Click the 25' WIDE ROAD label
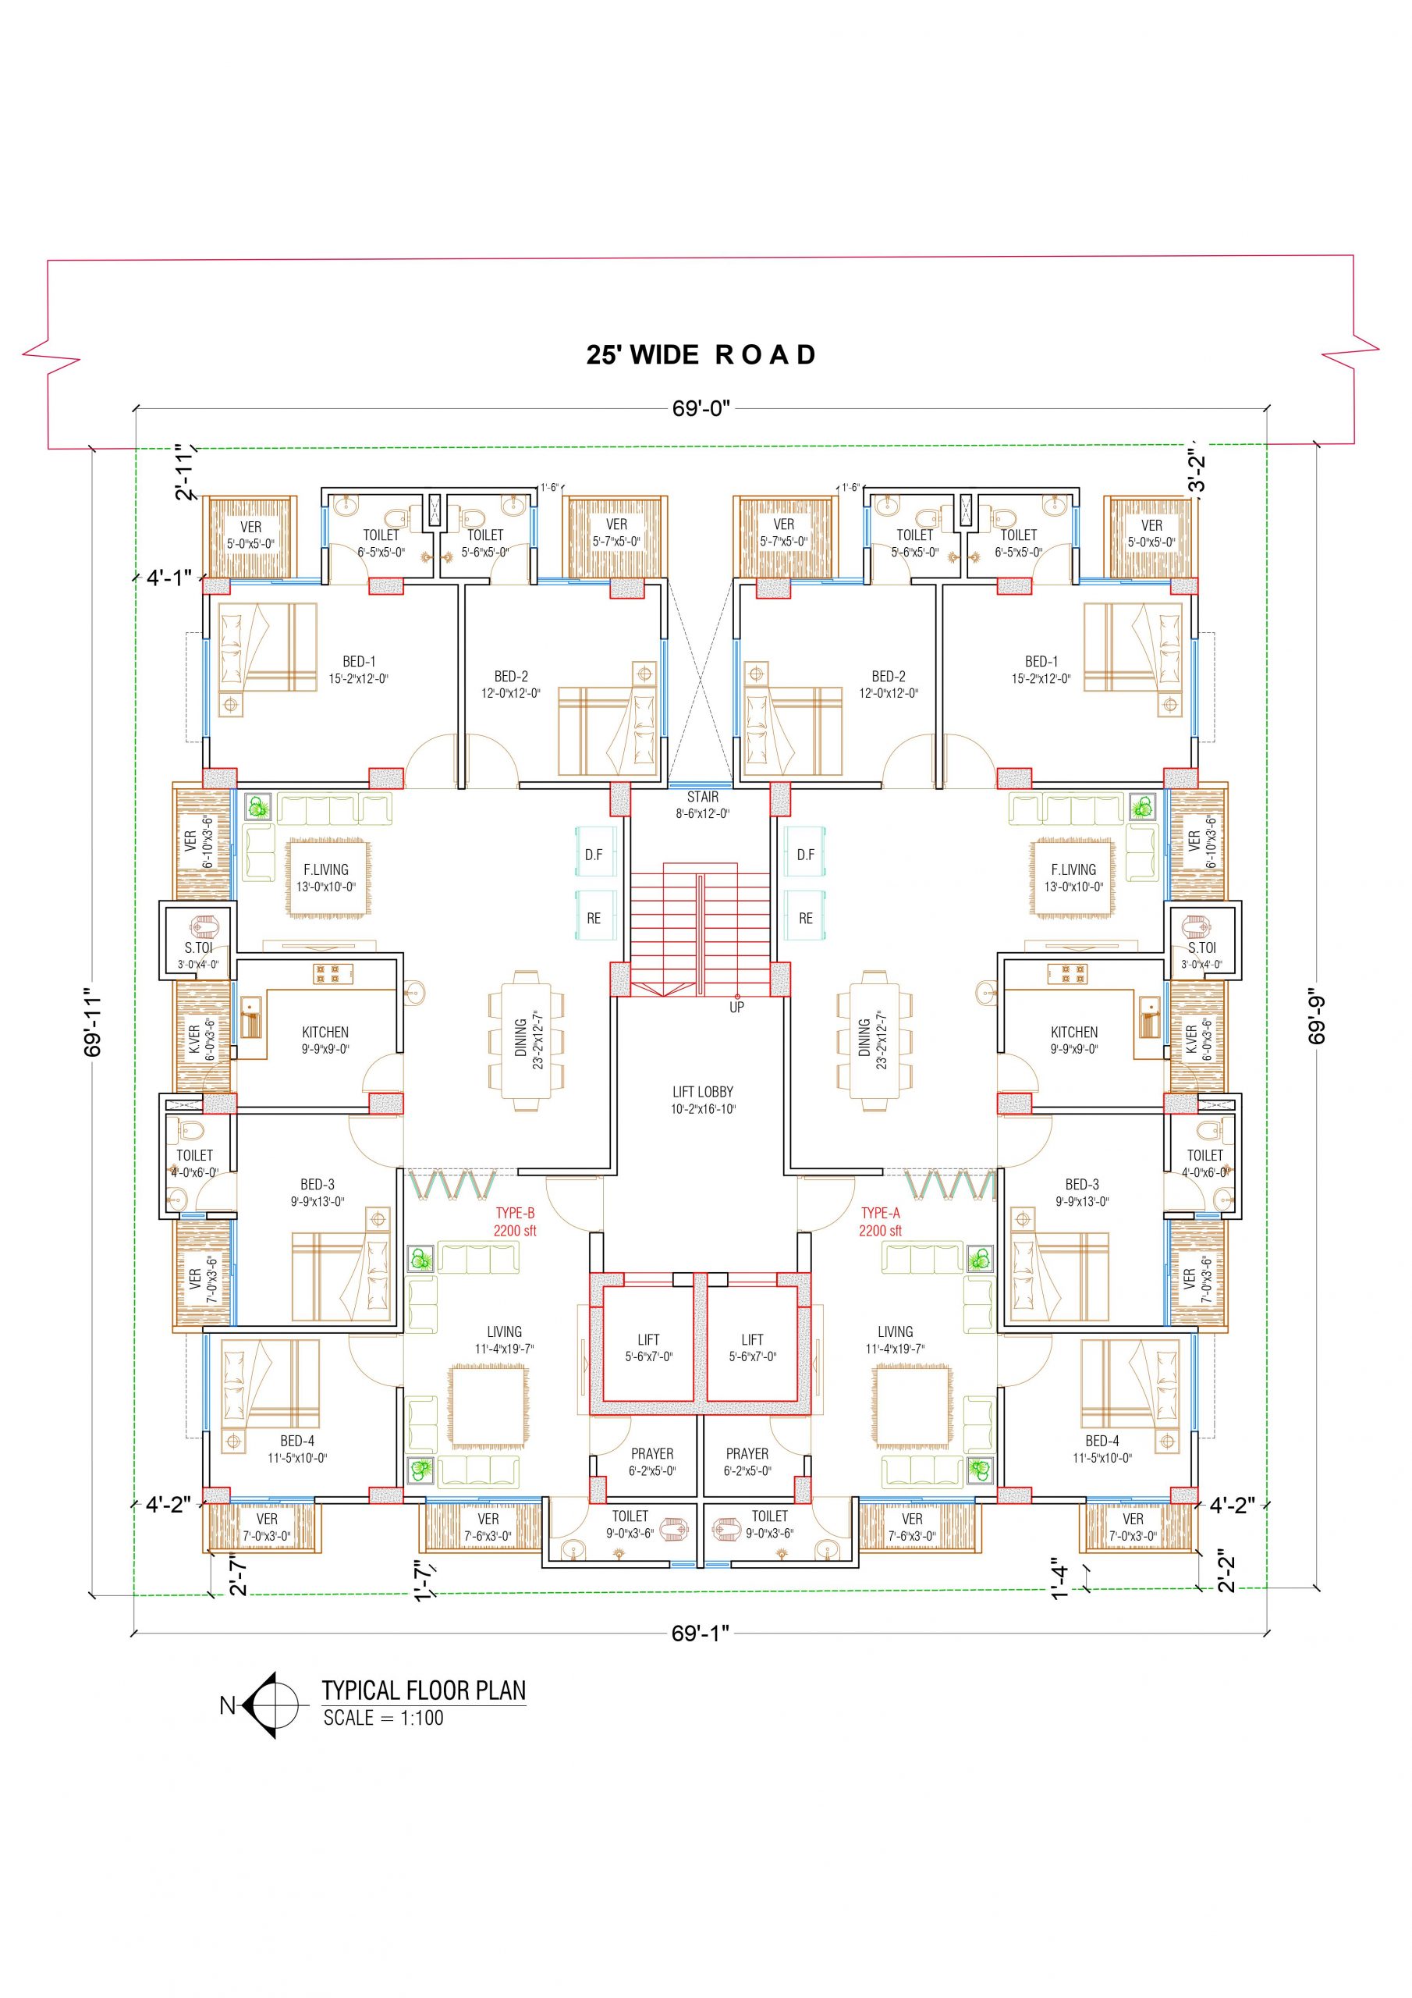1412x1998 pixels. (701, 355)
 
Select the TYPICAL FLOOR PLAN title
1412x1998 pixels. (424, 1690)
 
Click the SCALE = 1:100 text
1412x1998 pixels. (384, 1718)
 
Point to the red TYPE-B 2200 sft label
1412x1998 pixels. (515, 1221)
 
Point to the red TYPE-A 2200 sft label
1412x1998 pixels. (881, 1221)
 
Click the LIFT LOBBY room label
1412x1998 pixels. (703, 1100)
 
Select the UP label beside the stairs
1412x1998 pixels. (737, 1007)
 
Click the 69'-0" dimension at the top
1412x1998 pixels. (701, 408)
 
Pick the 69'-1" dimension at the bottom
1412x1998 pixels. (701, 1634)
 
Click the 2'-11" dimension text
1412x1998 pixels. (184, 472)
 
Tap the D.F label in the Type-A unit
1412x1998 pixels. (806, 855)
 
